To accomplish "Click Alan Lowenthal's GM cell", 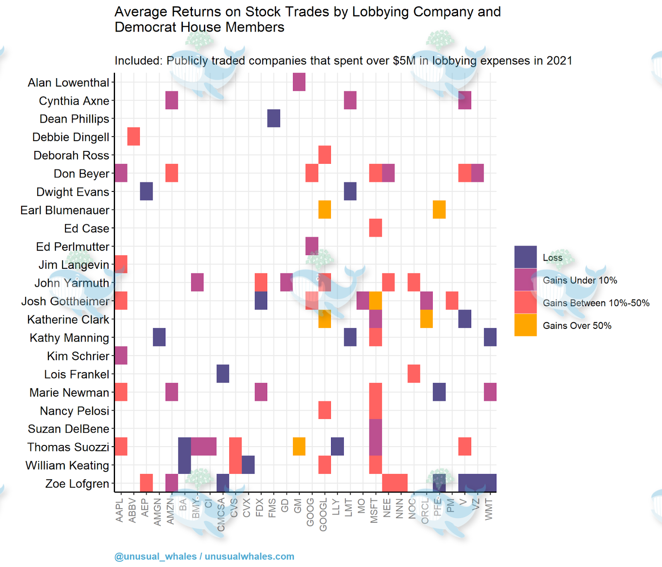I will click(x=299, y=82).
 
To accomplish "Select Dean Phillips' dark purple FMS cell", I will click(x=273, y=118).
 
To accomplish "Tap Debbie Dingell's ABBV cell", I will click(x=134, y=136).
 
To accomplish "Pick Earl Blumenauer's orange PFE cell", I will click(x=439, y=210).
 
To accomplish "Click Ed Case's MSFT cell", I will click(x=375, y=228).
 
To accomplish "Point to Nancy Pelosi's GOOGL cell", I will click(x=325, y=410).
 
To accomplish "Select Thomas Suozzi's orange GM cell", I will click(x=299, y=447).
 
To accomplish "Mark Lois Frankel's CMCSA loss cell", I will click(x=223, y=374).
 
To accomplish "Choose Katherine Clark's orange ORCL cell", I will click(x=427, y=319).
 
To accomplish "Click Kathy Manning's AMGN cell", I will click(x=159, y=337).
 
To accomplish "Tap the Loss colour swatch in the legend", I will click(x=525, y=257).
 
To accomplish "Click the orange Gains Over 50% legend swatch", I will click(x=525, y=325).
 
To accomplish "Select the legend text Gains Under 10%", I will click(x=580, y=280).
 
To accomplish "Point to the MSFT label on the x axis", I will click(x=374, y=511).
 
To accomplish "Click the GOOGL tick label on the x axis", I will click(x=323, y=515).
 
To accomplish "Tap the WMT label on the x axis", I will click(x=489, y=509).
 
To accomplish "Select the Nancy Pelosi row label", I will click(x=74, y=411).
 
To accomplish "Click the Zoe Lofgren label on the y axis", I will click(x=77, y=483).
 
